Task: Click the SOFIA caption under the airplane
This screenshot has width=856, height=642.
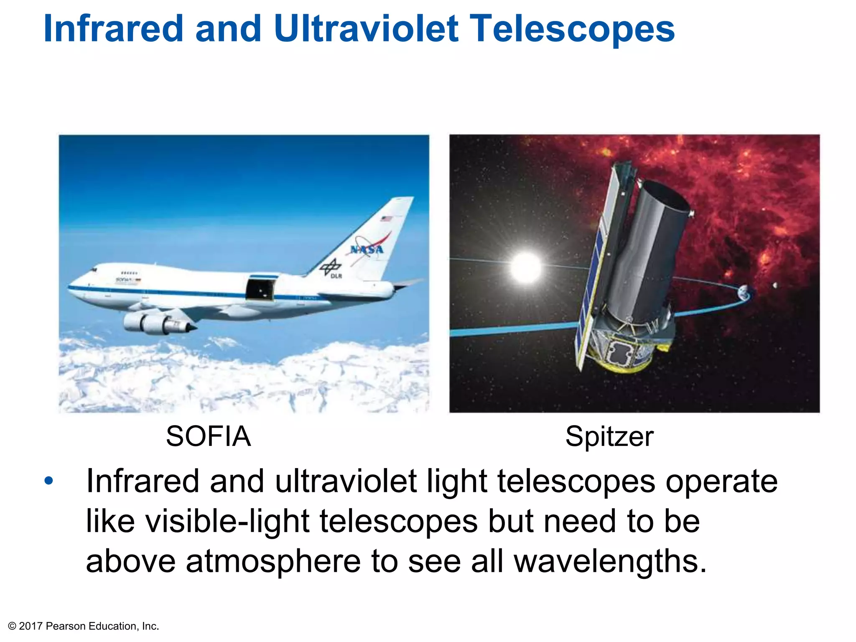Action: click(x=208, y=436)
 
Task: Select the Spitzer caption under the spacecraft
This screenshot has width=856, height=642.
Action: click(x=609, y=436)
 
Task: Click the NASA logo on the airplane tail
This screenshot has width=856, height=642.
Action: click(x=367, y=249)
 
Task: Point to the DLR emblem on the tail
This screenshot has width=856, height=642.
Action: click(x=331, y=267)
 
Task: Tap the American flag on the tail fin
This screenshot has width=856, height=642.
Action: click(x=386, y=219)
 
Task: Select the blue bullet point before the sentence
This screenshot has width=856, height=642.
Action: click(x=49, y=481)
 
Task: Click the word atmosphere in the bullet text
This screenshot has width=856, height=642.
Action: click(x=273, y=561)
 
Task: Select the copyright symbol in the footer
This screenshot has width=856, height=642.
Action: click(x=12, y=626)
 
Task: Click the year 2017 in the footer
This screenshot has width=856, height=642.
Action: click(x=31, y=626)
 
